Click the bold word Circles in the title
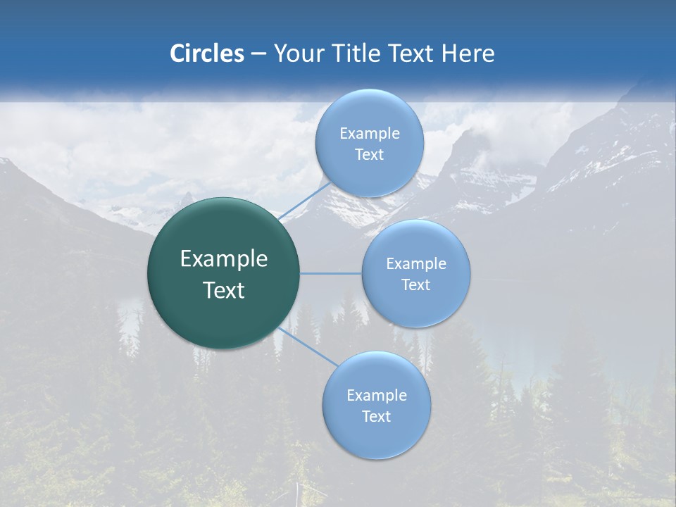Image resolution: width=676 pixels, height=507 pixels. click(x=207, y=54)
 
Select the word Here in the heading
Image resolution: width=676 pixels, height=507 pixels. click(x=468, y=54)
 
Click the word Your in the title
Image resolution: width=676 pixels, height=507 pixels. click(x=300, y=54)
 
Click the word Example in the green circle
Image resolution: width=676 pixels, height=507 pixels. click(x=224, y=259)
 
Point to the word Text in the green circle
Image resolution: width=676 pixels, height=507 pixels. click(x=224, y=290)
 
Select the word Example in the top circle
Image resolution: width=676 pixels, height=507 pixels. click(x=369, y=134)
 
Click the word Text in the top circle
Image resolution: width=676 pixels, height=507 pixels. click(x=369, y=155)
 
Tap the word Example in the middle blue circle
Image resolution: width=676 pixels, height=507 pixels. click(x=416, y=264)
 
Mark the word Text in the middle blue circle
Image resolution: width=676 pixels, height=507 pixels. click(x=416, y=285)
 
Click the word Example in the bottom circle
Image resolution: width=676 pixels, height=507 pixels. click(x=376, y=396)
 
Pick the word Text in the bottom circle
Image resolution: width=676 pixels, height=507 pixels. click(x=376, y=417)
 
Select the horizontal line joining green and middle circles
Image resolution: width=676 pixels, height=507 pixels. click(x=331, y=273)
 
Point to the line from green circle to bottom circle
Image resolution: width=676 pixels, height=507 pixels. click(x=310, y=346)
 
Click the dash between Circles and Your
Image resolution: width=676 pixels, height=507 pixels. click(x=258, y=54)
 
